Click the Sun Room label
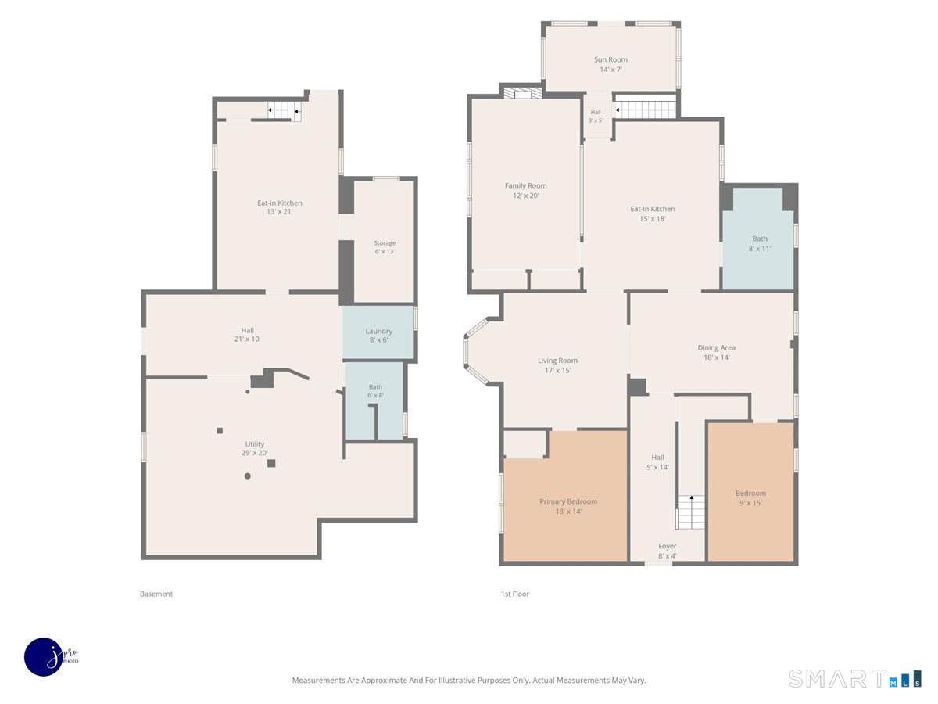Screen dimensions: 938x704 tap(610, 59)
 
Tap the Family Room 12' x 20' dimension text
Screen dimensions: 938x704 tap(525, 196)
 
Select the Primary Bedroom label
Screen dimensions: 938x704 tap(568, 501)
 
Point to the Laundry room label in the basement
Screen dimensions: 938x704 tap(378, 331)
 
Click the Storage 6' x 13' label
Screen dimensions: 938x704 tap(385, 247)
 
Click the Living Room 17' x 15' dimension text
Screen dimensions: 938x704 tap(557, 371)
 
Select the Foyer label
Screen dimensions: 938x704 tap(667, 546)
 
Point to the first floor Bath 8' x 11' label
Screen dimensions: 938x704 tap(759, 243)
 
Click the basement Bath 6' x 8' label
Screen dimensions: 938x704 tap(375, 391)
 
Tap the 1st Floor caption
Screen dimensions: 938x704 tap(514, 594)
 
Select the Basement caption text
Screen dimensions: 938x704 tap(156, 594)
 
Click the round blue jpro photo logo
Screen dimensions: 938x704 tap(45, 657)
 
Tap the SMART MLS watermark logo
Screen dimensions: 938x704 tap(854, 679)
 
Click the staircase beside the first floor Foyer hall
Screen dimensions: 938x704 tap(690, 513)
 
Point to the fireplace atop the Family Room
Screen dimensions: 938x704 tap(522, 93)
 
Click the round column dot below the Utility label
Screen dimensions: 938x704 tap(247, 476)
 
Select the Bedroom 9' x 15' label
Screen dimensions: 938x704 tap(750, 498)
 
